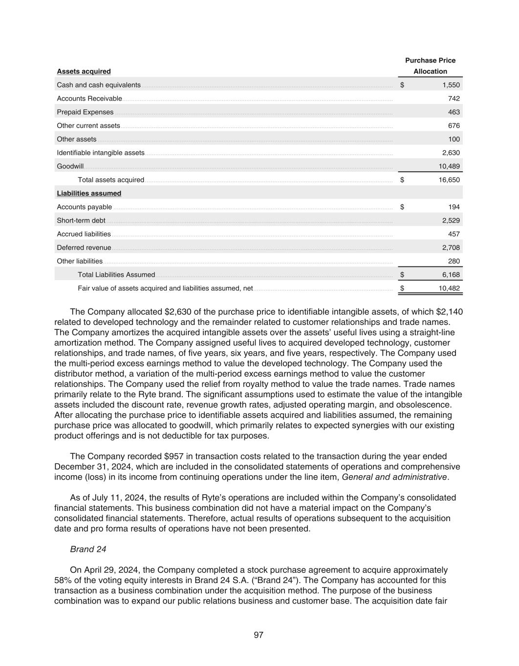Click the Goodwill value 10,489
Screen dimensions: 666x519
pyautogui.click(x=449, y=166)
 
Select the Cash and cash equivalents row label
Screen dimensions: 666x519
pyautogui.click(x=99, y=85)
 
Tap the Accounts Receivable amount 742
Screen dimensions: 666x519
pyautogui.click(x=454, y=99)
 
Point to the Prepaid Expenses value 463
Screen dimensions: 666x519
pyautogui.click(x=454, y=112)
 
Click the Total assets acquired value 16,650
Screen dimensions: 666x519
pyautogui.click(x=449, y=180)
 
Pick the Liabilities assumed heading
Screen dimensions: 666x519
pyautogui.click(x=89, y=193)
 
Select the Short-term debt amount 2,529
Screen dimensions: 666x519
pyautogui.click(x=451, y=221)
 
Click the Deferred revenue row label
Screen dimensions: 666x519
pyautogui.click(x=84, y=248)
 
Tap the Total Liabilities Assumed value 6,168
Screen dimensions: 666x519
pyautogui.click(x=451, y=275)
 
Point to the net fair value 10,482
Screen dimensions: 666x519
pyautogui.click(x=449, y=288)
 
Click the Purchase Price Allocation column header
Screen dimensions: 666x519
pyautogui.click(x=430, y=66)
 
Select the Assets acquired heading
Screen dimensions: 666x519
pyautogui.click(x=84, y=71)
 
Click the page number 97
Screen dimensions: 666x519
pyautogui.click(x=259, y=635)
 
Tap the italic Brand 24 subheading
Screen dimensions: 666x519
pyautogui.click(x=88, y=549)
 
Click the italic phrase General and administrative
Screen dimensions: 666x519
pyautogui.click(x=394, y=477)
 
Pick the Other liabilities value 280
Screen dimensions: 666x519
pyautogui.click(x=454, y=261)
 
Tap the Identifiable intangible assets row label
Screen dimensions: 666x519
pyautogui.click(x=101, y=153)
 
